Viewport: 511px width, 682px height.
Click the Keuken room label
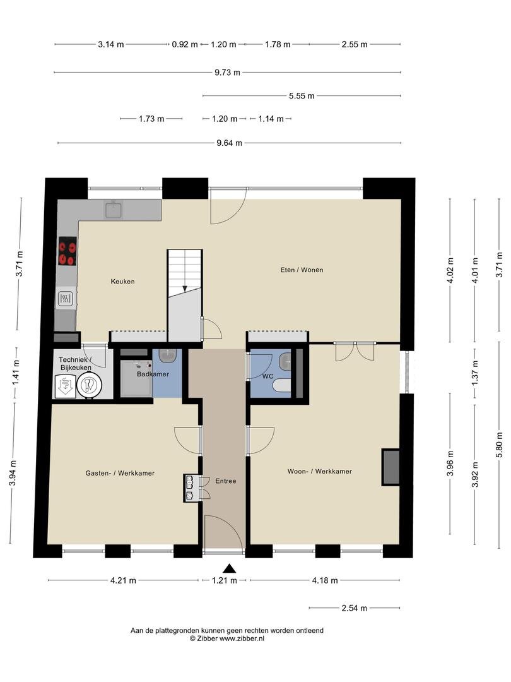pyautogui.click(x=122, y=282)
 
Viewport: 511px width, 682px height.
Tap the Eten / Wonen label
pyautogui.click(x=302, y=270)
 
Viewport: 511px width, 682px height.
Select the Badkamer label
pyautogui.click(x=153, y=374)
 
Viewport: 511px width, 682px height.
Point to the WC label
pyautogui.click(x=268, y=376)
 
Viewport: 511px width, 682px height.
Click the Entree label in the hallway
pyautogui.click(x=225, y=481)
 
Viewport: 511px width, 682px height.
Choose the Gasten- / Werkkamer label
pyautogui.click(x=120, y=473)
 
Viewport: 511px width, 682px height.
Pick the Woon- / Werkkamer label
pyautogui.click(x=320, y=471)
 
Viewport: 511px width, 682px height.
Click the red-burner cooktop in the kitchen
pyautogui.click(x=68, y=251)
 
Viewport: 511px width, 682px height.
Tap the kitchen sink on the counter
pyautogui.click(x=113, y=210)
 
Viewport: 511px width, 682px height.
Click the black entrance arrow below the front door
pyautogui.click(x=229, y=568)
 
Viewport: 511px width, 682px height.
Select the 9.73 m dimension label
pyautogui.click(x=227, y=72)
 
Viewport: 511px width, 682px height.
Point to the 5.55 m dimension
pyautogui.click(x=302, y=96)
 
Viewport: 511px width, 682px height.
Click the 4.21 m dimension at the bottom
pyautogui.click(x=123, y=580)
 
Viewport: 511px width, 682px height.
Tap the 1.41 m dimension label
pyautogui.click(x=16, y=373)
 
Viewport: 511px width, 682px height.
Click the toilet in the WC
pyautogui.click(x=283, y=386)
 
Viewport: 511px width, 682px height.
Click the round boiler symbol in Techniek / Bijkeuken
pyautogui.click(x=90, y=386)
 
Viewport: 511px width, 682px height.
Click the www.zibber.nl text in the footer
pyautogui.click(x=242, y=638)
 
